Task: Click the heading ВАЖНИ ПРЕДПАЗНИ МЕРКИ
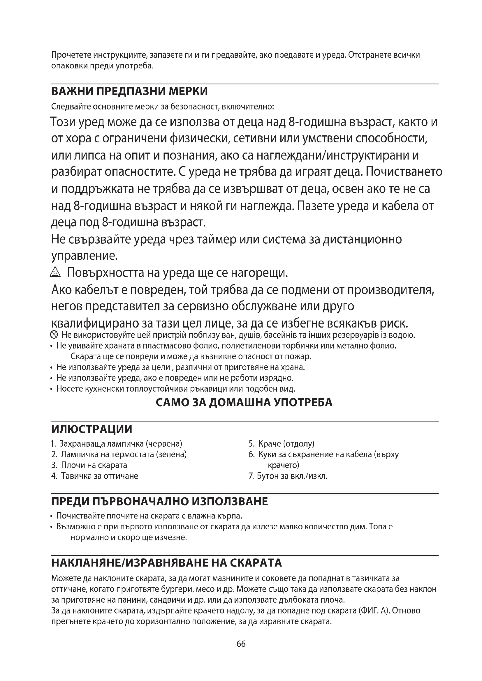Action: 129,91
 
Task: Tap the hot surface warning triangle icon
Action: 55,272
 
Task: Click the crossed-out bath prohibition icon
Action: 54,335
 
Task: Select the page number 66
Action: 241,644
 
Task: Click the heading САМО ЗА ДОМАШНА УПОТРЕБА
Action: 244,402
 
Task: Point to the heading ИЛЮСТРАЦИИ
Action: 92,429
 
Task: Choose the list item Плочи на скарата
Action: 94,465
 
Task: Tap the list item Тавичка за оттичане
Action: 99,476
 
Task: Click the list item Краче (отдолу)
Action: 286,444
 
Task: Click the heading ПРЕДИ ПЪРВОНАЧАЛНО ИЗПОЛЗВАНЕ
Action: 160,502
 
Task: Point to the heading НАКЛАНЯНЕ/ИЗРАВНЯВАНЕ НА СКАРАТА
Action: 166,563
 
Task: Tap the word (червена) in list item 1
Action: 164,444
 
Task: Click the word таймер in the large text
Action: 213,239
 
